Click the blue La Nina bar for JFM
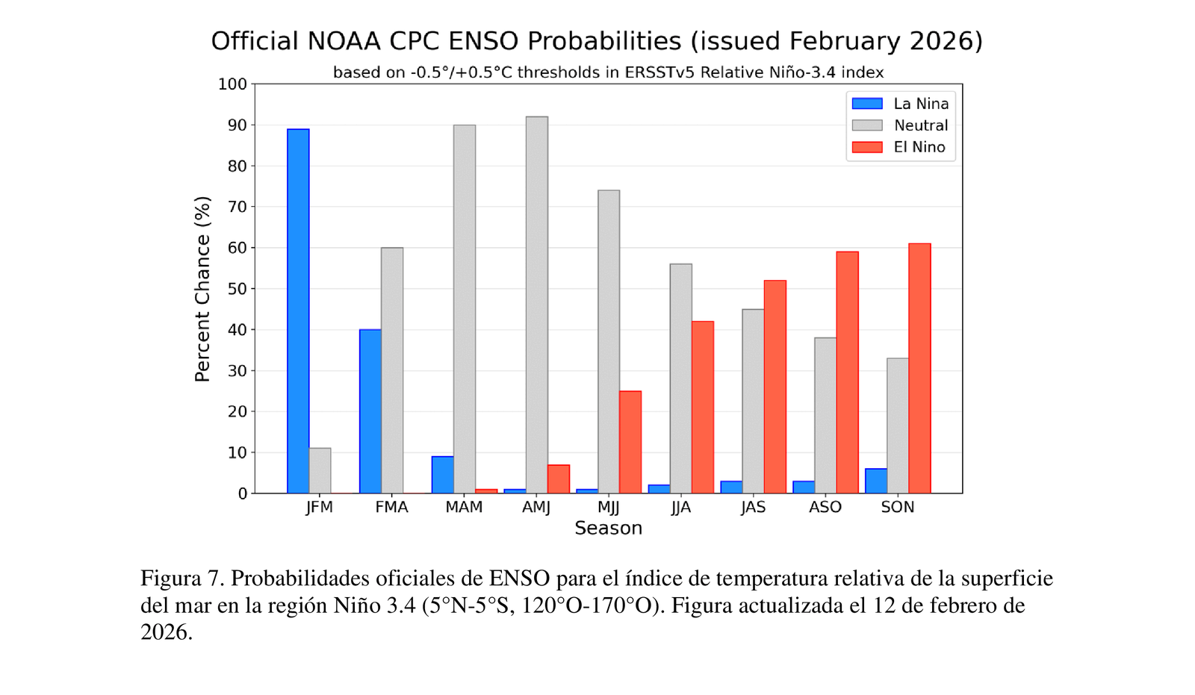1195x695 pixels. (298, 311)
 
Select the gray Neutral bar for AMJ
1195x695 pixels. (536, 305)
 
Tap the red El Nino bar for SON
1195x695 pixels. (919, 368)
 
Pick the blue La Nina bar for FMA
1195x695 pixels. (370, 411)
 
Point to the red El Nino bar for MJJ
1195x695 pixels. (630, 442)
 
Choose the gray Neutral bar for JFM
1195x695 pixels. (320, 470)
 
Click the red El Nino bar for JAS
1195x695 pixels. (775, 387)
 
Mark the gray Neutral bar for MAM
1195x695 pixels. (464, 309)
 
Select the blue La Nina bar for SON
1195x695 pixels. (876, 481)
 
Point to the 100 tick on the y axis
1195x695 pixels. (232, 84)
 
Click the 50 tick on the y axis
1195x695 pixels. (238, 289)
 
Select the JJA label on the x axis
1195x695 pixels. (680, 508)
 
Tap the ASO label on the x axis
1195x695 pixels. (825, 508)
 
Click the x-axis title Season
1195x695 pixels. (608, 529)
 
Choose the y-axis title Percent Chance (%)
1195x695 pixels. (202, 289)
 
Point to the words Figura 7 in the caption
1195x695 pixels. (182, 579)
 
